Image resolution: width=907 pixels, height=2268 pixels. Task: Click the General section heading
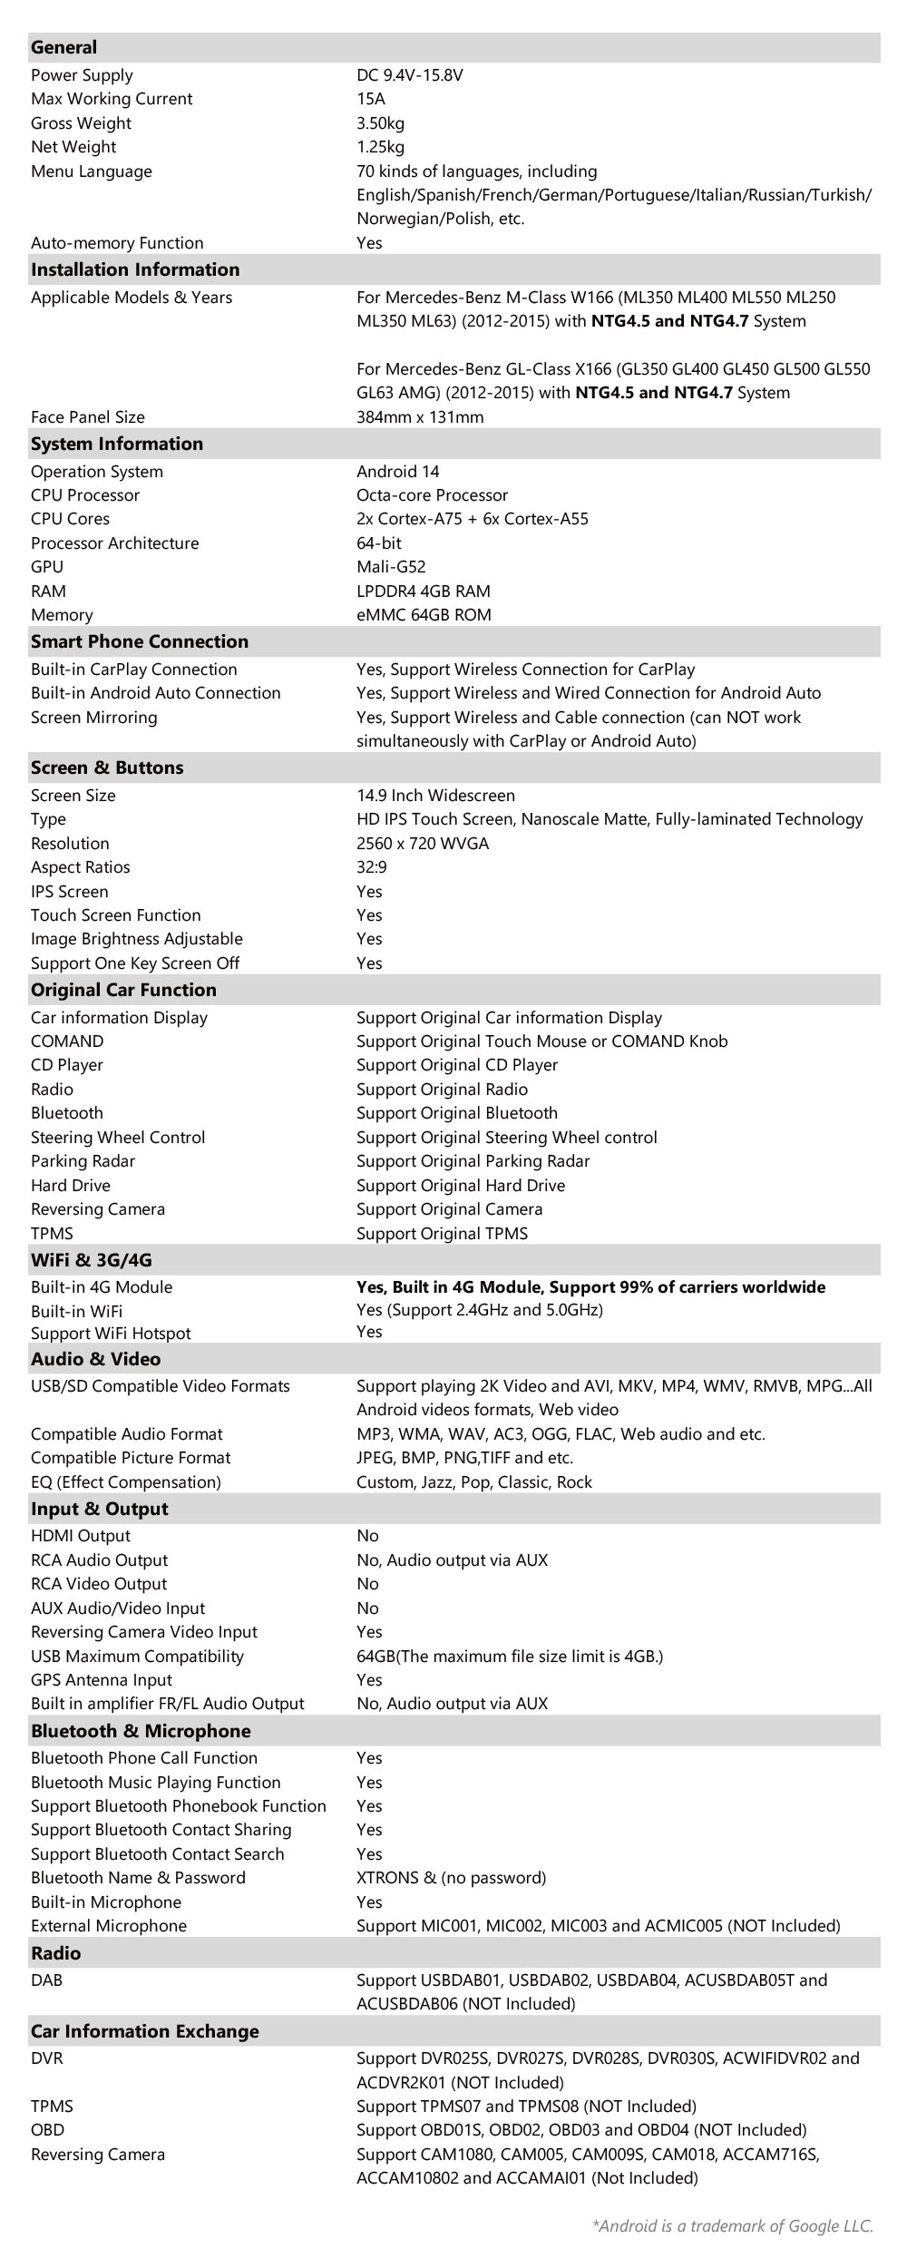[x=63, y=47]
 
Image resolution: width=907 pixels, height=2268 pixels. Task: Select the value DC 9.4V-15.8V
[x=409, y=75]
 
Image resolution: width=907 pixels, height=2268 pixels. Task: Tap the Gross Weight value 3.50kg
[x=380, y=123]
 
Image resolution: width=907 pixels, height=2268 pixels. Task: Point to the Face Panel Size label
[x=88, y=417]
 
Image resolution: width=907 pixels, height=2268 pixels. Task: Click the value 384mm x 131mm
[x=420, y=417]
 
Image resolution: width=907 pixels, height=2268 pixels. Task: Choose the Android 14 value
[x=397, y=472]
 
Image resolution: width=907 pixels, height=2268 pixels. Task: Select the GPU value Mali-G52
[x=391, y=567]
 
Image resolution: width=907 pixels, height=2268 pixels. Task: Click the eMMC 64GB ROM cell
[x=424, y=615]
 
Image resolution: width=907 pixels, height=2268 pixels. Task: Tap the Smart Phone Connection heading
[x=140, y=641]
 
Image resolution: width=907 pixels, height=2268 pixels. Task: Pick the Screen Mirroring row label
[x=93, y=718]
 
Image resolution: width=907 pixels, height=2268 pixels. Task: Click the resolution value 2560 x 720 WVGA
[x=422, y=844]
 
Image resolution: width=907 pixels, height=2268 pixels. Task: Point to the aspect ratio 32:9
[x=371, y=867]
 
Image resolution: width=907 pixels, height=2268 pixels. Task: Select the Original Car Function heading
[x=123, y=990]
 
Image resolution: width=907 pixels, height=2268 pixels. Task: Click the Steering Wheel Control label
[x=118, y=1138]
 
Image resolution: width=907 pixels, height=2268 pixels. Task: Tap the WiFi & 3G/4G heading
[x=92, y=1260]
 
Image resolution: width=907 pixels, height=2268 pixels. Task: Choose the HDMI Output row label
[x=81, y=1536]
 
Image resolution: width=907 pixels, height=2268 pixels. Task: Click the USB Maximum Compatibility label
[x=137, y=1657]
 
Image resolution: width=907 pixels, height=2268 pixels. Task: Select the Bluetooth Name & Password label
[x=138, y=1878]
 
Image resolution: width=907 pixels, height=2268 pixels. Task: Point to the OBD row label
[x=47, y=2130]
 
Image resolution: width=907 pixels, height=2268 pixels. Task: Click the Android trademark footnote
[x=732, y=2225]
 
